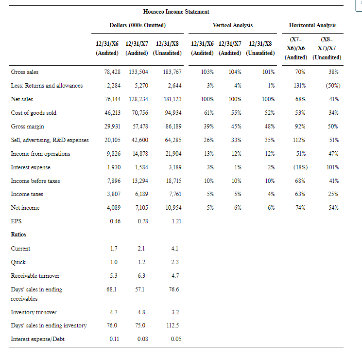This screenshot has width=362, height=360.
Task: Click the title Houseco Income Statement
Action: (x=176, y=11)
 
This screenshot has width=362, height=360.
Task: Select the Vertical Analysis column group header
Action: (x=232, y=25)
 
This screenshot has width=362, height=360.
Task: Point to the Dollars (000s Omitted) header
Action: (x=138, y=25)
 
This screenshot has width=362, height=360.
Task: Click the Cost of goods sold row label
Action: (x=34, y=113)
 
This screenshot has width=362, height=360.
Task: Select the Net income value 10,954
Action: (x=172, y=208)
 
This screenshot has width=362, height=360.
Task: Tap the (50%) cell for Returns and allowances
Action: (x=332, y=86)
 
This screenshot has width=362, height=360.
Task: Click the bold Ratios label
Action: (x=18, y=234)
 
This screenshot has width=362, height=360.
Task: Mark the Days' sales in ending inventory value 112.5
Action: (x=173, y=326)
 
